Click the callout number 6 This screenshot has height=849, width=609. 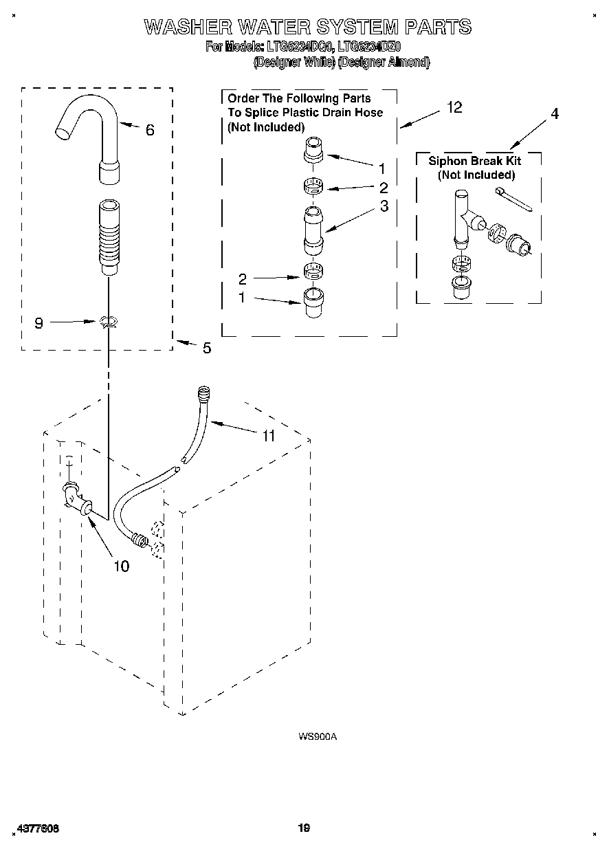[x=150, y=129]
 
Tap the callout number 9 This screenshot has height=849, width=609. [x=39, y=322]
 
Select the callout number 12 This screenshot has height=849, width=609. [x=454, y=107]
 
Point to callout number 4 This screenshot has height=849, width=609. [x=554, y=114]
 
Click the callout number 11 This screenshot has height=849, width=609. [x=268, y=436]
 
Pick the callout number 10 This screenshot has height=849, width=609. [x=120, y=566]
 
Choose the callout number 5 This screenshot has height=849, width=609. [x=206, y=349]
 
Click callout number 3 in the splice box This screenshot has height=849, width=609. [x=384, y=206]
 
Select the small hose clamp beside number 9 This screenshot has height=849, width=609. [x=108, y=321]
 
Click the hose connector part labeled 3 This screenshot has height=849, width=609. [x=312, y=230]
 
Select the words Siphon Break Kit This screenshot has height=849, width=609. [x=474, y=161]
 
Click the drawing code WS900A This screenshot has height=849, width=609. [x=317, y=736]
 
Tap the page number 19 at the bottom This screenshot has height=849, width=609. [x=304, y=828]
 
